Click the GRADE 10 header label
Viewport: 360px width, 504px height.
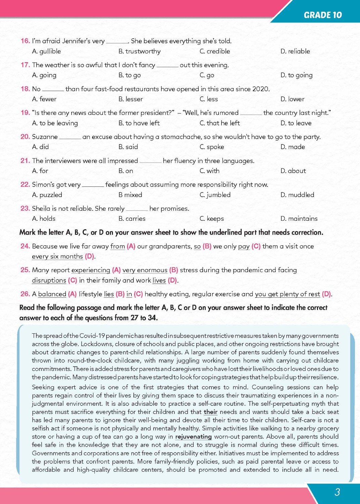(322, 15)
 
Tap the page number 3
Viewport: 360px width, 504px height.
(337, 492)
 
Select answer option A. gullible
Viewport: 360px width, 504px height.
(46, 51)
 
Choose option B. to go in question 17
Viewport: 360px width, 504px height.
(129, 75)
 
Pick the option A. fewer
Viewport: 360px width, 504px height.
(44, 99)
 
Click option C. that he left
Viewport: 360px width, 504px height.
(219, 123)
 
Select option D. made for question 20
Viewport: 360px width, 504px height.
(292, 147)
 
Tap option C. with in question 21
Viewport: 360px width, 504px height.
(209, 171)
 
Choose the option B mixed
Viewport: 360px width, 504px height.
(130, 195)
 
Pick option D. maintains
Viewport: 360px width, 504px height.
(299, 218)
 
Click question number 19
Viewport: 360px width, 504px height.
(25, 113)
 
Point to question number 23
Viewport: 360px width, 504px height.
(25, 208)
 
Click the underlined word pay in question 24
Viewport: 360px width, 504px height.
(244, 246)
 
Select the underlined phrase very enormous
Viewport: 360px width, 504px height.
(145, 270)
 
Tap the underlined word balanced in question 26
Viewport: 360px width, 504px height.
(52, 294)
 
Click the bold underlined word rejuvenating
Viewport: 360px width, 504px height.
(193, 436)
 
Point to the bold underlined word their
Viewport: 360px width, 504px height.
(210, 412)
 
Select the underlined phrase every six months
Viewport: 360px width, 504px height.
(57, 256)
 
